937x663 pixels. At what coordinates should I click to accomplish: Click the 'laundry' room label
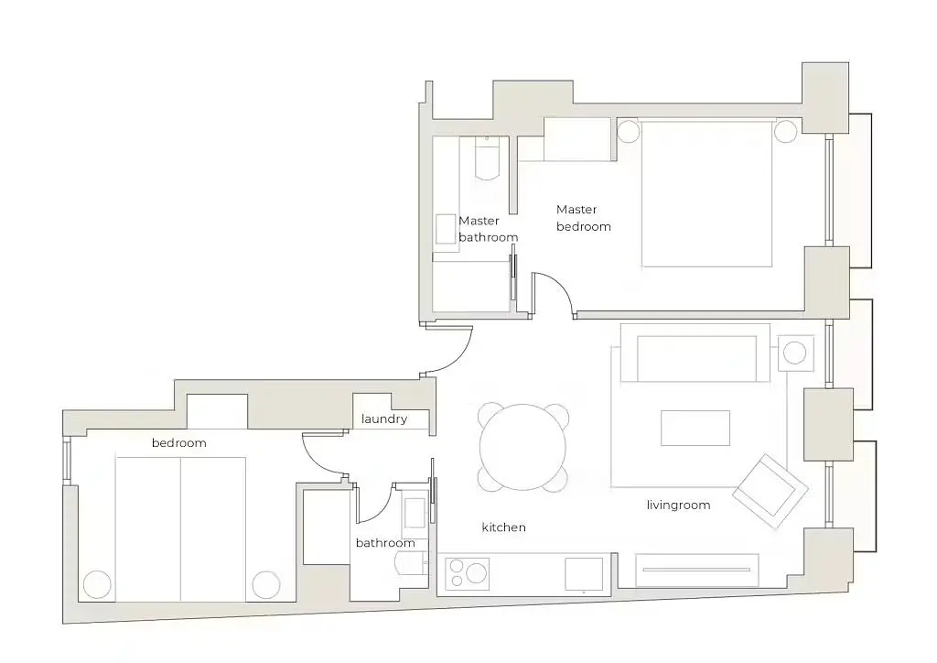tap(384, 419)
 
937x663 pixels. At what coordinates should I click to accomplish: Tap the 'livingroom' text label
tap(678, 505)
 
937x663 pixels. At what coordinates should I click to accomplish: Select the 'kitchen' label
tap(504, 527)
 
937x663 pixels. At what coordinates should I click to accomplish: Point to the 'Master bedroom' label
tap(583, 218)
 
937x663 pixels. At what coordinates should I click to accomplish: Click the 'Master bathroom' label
tap(489, 229)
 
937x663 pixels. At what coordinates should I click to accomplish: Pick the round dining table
tap(522, 447)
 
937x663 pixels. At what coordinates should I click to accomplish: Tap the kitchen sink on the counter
tap(584, 574)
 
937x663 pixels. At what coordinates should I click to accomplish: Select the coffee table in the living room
tap(695, 428)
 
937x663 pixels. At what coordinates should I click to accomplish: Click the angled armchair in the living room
tap(770, 491)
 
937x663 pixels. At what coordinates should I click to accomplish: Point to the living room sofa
tap(695, 353)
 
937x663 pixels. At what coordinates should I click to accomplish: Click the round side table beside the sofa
tap(795, 353)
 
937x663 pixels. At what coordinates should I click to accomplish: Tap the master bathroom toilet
tap(487, 158)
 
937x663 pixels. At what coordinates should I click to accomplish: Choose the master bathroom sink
tap(446, 229)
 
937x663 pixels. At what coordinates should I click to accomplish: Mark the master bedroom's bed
tap(706, 193)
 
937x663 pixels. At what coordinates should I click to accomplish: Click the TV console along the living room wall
tap(696, 571)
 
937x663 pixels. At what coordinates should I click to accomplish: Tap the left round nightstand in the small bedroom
tap(97, 584)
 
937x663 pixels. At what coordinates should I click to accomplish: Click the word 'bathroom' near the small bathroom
tap(385, 543)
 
